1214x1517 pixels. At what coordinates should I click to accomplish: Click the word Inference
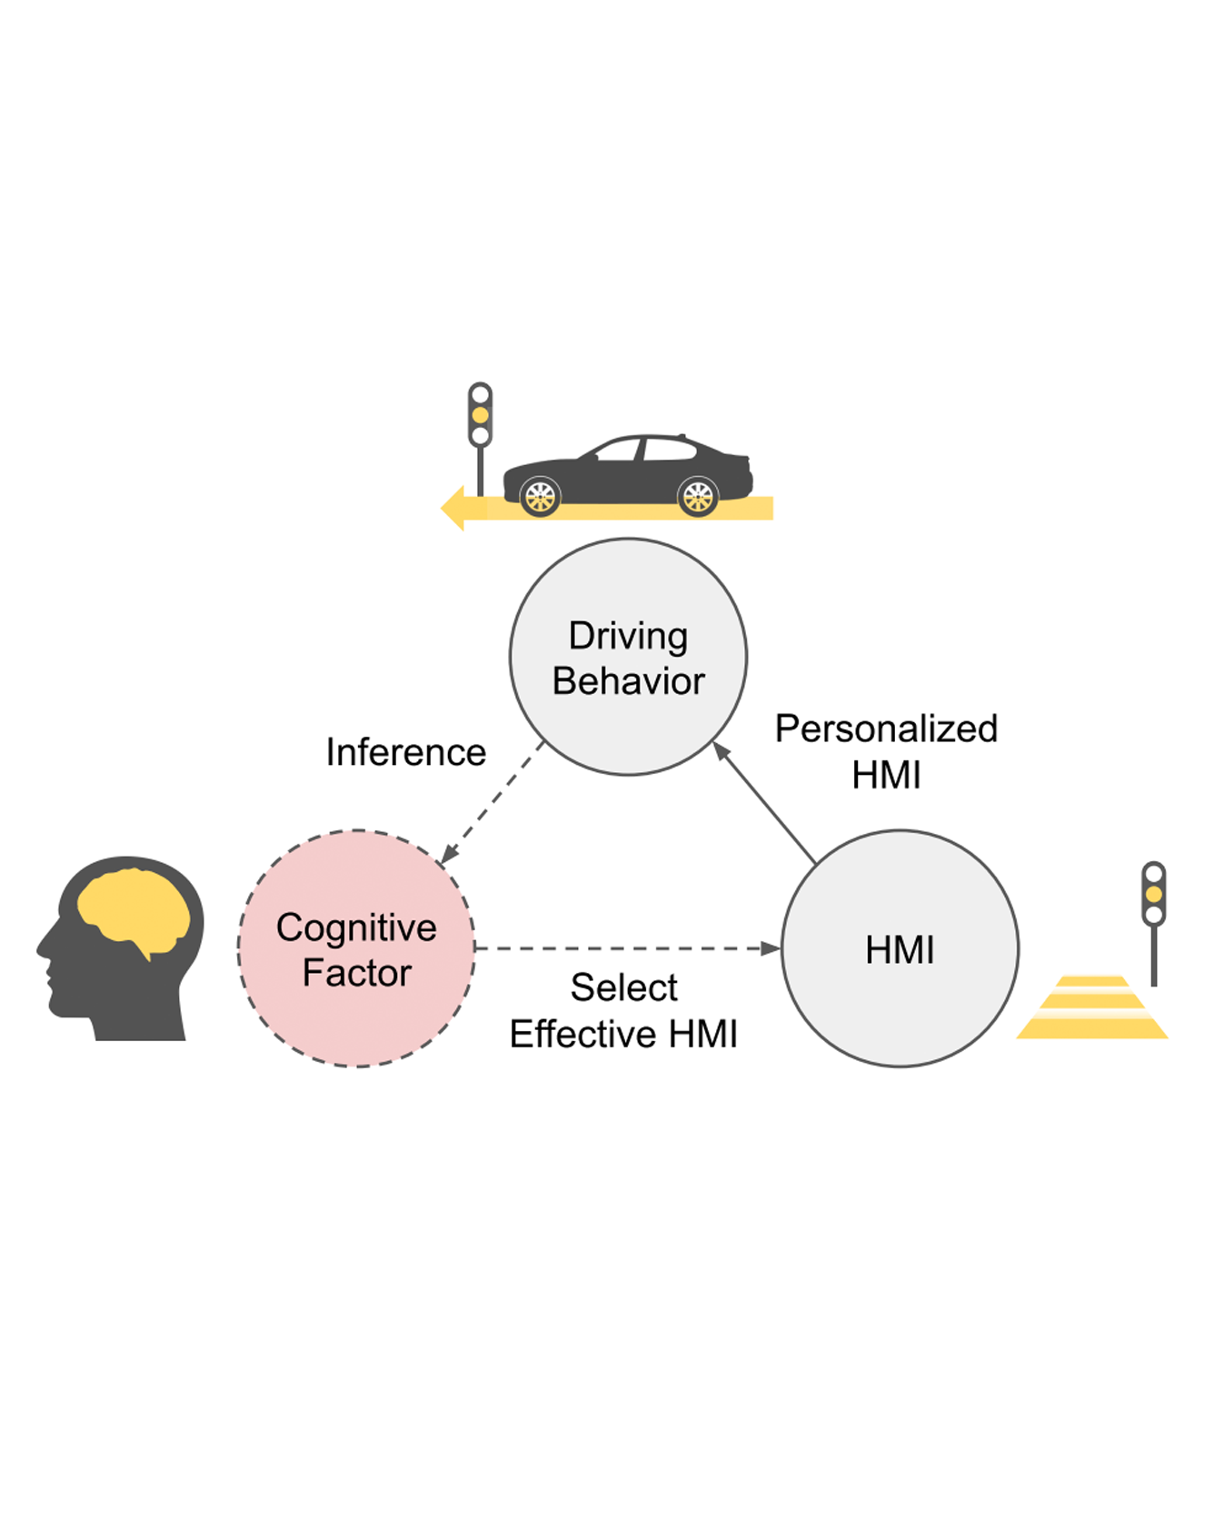pos(405,752)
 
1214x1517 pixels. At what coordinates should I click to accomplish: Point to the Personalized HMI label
pos(886,751)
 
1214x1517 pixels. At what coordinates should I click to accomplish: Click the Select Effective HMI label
pos(623,1010)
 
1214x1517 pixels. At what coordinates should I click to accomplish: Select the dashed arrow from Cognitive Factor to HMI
pos(627,948)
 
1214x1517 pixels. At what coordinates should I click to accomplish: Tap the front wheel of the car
pos(540,497)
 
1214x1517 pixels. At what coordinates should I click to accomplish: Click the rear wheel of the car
pos(698,497)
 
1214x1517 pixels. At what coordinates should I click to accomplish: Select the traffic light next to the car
pos(480,415)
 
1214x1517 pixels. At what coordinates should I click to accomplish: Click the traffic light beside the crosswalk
pos(1153,895)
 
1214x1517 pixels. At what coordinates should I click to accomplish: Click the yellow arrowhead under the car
pos(454,508)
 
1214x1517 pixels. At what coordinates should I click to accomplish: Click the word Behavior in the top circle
pos(628,681)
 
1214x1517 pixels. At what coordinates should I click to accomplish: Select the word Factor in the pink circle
pos(356,973)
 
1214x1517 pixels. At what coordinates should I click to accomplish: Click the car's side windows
pos(645,449)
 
